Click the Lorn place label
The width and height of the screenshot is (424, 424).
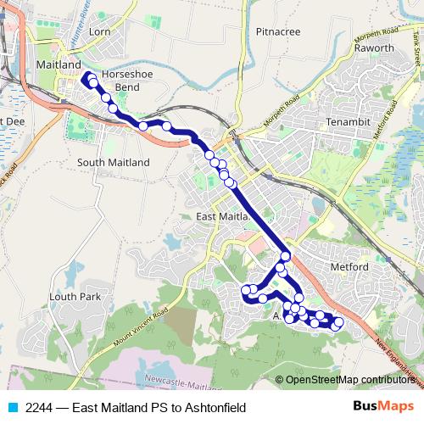pos(99,32)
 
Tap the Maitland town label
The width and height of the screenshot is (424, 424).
pos(59,64)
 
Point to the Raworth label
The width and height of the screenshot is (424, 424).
pos(374,48)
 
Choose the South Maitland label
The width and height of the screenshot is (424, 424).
pos(113,163)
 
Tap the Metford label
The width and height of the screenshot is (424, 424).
pos(349,266)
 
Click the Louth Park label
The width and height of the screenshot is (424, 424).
pos(75,297)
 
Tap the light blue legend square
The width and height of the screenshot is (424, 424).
pos(12,408)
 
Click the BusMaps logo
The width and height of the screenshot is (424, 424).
pos(384,406)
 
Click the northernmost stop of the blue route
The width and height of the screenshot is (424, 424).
pos(90,78)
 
